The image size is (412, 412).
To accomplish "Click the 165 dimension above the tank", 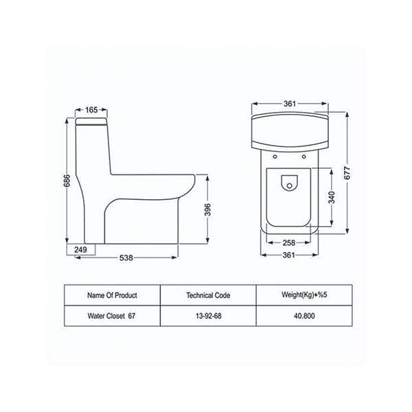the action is tap(91, 110).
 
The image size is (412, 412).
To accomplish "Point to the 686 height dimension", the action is tap(67, 181).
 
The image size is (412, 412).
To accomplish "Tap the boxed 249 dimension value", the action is tap(80, 250).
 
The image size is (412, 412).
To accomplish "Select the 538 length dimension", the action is tap(126, 257).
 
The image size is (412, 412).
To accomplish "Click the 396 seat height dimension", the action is tap(207, 209).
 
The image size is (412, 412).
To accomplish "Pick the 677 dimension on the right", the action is tap(347, 173).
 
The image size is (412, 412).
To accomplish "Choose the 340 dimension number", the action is tap(332, 197).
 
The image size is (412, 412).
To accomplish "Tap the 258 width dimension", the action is tap(289, 243).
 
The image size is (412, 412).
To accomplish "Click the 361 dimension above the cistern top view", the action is tap(290, 104).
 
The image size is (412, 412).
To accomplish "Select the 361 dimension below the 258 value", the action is tap(289, 255).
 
